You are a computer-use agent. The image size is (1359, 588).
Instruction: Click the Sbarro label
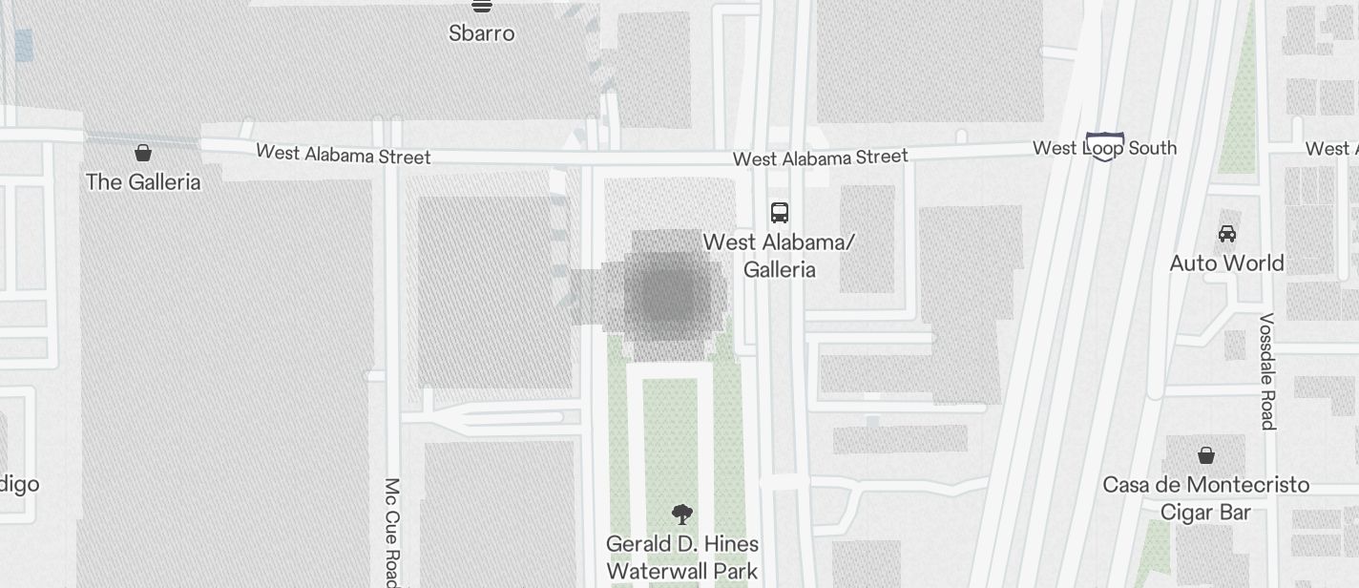click(x=482, y=33)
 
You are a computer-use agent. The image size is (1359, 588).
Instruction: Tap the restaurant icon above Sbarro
click(x=482, y=6)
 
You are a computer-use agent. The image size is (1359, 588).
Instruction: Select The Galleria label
click(x=143, y=181)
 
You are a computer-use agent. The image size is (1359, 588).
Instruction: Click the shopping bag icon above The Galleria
click(x=143, y=153)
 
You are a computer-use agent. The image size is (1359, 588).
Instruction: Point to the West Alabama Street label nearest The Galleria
click(x=343, y=155)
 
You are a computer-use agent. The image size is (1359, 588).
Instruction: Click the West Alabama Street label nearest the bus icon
click(x=820, y=157)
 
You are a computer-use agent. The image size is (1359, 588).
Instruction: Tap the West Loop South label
click(x=1104, y=148)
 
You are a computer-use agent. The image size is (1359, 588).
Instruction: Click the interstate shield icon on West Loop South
click(x=1104, y=146)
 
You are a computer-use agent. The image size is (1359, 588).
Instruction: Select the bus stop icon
click(x=780, y=212)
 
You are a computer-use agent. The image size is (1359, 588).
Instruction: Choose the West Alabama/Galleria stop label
click(x=779, y=256)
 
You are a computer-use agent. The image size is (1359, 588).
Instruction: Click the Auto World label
click(x=1226, y=262)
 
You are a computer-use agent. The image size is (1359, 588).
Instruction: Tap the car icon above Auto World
click(x=1226, y=233)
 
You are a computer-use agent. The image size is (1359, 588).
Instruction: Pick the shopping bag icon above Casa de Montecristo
click(x=1206, y=455)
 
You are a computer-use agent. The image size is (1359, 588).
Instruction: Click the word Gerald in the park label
click(x=639, y=544)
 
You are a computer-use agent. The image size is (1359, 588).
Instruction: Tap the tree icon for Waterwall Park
click(x=681, y=515)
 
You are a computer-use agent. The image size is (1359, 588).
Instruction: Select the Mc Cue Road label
click(x=391, y=531)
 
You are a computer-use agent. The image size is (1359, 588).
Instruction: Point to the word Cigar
click(x=1181, y=513)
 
